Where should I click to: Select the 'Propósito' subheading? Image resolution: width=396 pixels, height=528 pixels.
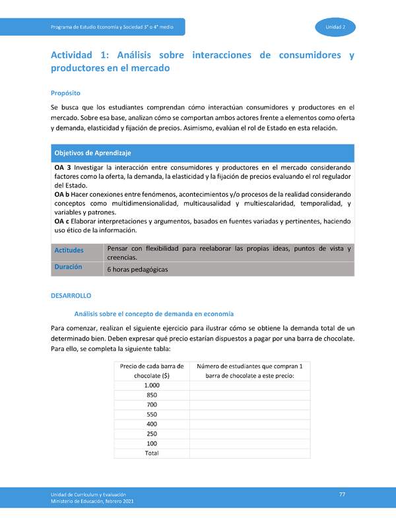[65, 93]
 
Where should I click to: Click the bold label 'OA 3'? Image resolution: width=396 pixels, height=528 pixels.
[64, 168]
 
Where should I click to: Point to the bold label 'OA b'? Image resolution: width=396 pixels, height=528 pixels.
[64, 197]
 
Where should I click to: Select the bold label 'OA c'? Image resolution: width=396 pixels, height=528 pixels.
[64, 222]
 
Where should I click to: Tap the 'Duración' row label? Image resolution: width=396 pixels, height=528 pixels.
[68, 267]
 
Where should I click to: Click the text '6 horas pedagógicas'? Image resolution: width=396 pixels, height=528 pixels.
[137, 270]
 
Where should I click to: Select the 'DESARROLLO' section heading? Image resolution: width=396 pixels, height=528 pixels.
[71, 296]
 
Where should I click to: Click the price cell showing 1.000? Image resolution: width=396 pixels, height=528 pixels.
[152, 385]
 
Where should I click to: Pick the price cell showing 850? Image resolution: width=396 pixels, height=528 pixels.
[152, 395]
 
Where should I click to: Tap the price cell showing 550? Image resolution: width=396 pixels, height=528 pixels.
[152, 414]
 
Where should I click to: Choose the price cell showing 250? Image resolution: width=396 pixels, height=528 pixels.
[152, 434]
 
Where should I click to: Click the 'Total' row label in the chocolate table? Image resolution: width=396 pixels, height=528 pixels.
[152, 453]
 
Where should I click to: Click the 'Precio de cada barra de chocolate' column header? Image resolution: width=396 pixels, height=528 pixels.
[152, 370]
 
